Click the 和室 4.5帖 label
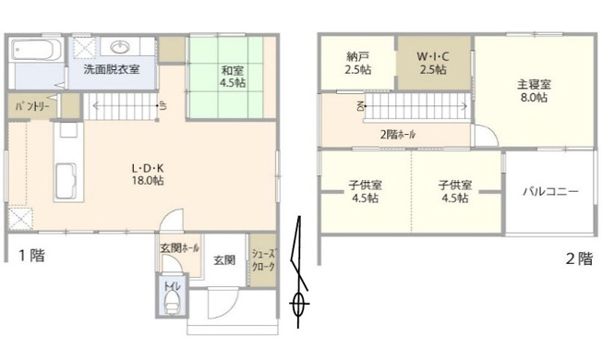(233, 75)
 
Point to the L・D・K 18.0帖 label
(147, 174)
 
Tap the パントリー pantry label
(30, 107)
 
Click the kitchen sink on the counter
(66, 175)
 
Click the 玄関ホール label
(179, 248)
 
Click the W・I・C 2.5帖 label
(432, 62)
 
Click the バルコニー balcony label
(550, 192)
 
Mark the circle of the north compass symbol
(299, 302)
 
